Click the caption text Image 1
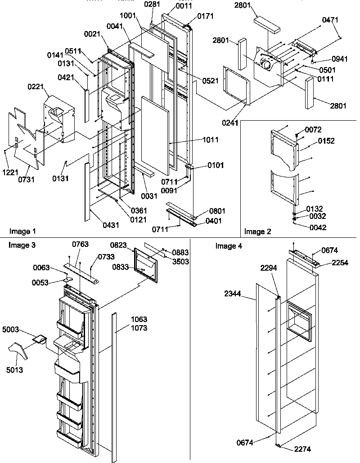[22, 231]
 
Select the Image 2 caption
[258, 231]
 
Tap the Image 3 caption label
[22, 245]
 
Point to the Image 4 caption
[229, 245]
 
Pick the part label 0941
[340, 59]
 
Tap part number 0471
[330, 20]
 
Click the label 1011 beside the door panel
[210, 140]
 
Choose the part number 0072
[314, 130]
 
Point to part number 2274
[303, 449]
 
